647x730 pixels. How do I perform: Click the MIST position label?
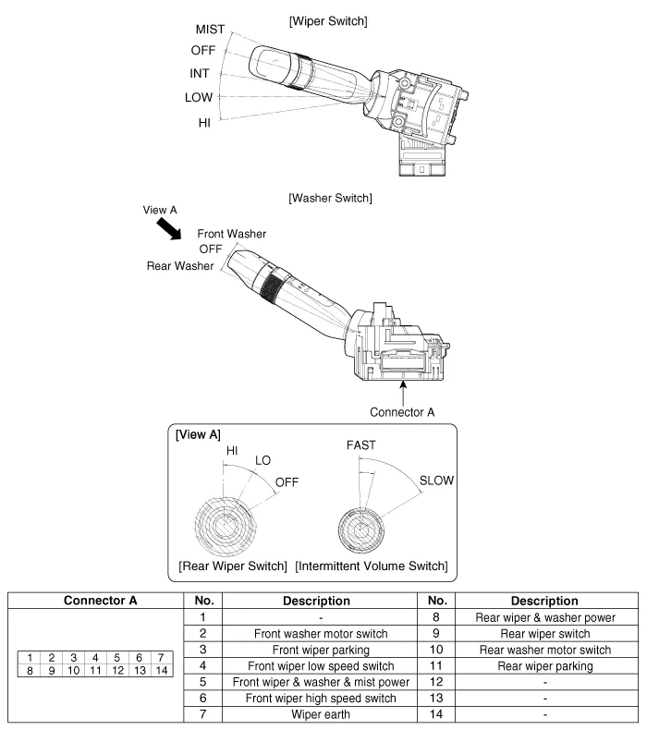[211, 30]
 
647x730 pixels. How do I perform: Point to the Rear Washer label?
[180, 266]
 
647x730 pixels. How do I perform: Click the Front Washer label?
[232, 234]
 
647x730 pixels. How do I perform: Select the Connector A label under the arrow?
[402, 411]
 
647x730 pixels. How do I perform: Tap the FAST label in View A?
[361, 444]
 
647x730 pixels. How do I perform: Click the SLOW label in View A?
[436, 481]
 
